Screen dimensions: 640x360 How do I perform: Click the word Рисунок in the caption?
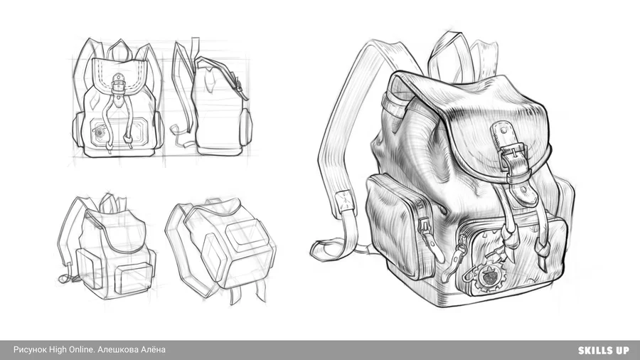tap(30, 350)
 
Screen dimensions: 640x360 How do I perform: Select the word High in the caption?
tap(58, 350)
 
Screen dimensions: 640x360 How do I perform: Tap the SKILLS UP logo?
tap(603, 350)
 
